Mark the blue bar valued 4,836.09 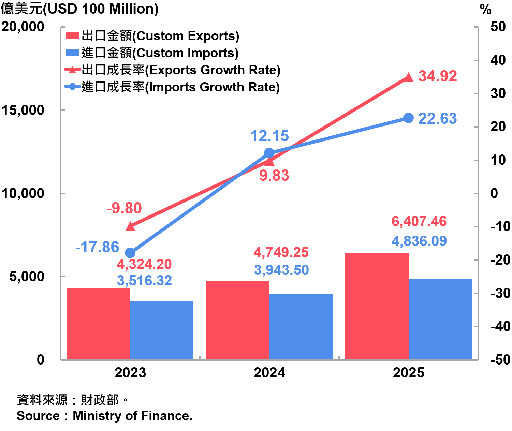(x=440, y=319)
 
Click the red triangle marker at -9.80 (x=130, y=226)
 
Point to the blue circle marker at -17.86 (x=130, y=253)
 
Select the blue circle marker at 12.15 (x=269, y=152)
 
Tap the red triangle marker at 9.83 (x=269, y=161)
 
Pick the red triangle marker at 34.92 (x=408, y=78)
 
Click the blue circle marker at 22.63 (x=408, y=118)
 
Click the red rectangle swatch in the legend (x=73, y=35)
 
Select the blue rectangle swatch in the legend (x=73, y=52)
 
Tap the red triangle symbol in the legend (x=73, y=69)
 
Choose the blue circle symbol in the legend (x=73, y=86)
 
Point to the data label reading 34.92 (x=438, y=76)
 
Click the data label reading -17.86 (x=97, y=247)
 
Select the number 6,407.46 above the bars (x=419, y=222)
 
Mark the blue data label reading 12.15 (x=269, y=136)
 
